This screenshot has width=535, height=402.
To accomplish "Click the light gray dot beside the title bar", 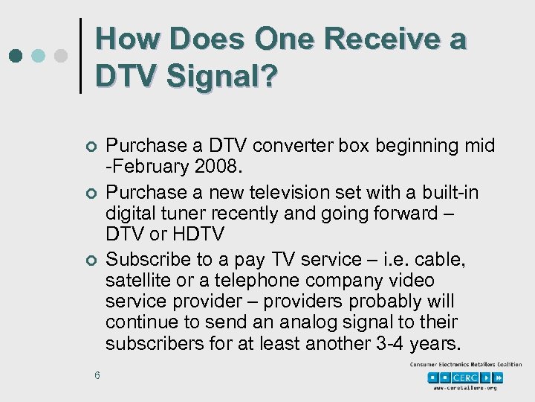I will point(62,56).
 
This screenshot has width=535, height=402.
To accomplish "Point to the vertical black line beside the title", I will point(81,56).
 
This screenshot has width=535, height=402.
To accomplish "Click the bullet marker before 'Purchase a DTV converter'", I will point(89,147).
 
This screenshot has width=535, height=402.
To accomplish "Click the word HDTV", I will point(199,234).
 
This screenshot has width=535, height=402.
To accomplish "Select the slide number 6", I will point(97,374).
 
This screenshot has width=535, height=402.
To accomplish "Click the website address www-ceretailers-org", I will point(465,388).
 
